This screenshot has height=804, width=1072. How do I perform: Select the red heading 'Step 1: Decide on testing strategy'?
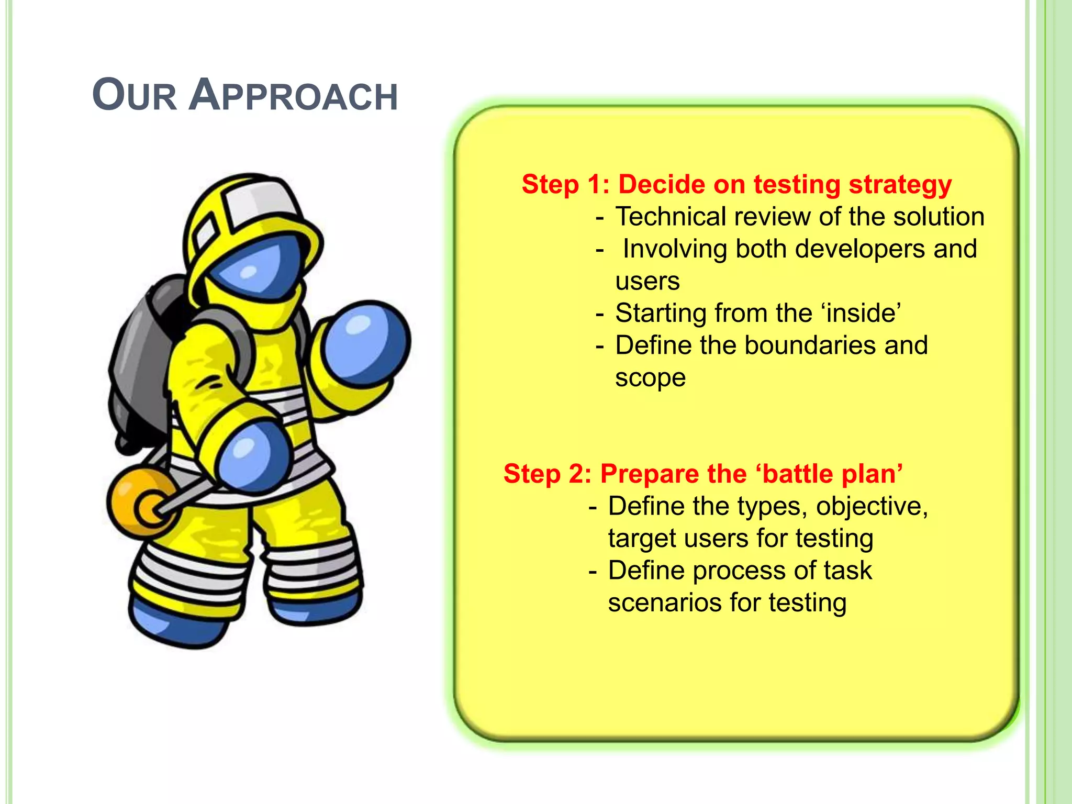coord(736,185)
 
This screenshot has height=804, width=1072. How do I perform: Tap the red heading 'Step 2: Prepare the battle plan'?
coord(703,474)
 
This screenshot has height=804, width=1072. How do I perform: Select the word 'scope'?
coord(650,378)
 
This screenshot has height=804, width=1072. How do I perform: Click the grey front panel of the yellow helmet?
coord(259,202)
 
